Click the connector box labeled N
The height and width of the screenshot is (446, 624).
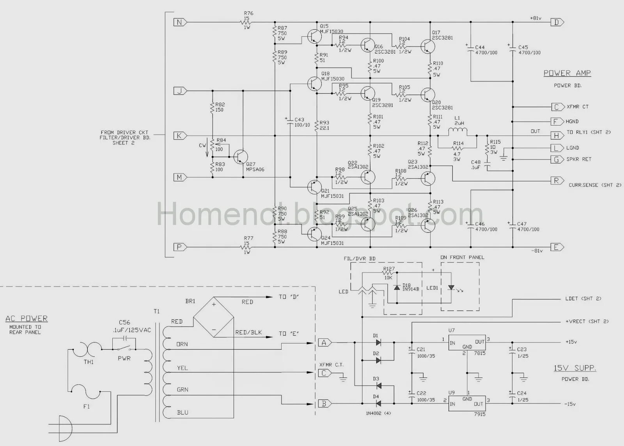tap(179, 22)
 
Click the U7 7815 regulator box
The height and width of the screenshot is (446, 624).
tap(466, 343)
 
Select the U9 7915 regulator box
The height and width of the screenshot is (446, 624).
tap(466, 402)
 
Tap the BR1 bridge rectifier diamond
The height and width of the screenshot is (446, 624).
tap(214, 317)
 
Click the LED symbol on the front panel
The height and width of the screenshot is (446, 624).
tap(451, 288)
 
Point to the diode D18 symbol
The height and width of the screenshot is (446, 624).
tap(397, 287)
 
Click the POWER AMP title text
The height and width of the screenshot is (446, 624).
tap(567, 73)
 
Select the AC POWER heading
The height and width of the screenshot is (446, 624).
tap(27, 319)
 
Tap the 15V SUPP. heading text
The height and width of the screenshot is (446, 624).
tap(575, 368)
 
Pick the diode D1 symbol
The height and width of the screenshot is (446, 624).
tap(378, 343)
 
